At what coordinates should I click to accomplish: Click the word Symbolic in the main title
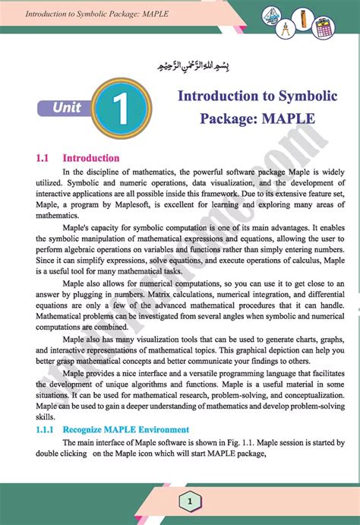283,96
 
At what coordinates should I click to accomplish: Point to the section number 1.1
42,158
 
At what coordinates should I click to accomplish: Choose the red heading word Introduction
90,158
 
